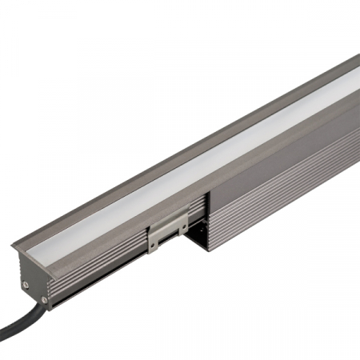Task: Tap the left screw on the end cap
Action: (26, 282)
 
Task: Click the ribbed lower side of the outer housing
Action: (280, 200)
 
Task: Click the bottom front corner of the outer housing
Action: (210, 250)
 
